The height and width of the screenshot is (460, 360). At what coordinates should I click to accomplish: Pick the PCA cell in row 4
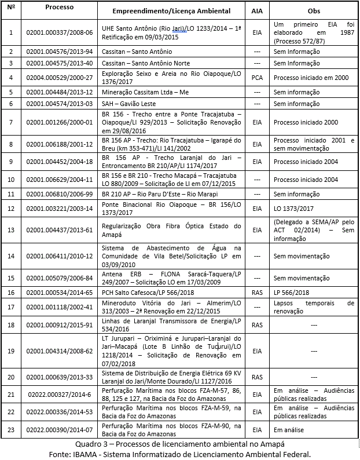click(x=257, y=77)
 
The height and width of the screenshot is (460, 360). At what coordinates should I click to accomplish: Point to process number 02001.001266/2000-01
click(x=60, y=123)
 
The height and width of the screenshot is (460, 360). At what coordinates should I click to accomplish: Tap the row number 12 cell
click(x=11, y=207)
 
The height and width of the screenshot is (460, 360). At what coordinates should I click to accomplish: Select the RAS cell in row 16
click(x=257, y=293)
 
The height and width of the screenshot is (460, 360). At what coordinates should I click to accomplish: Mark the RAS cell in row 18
click(x=257, y=325)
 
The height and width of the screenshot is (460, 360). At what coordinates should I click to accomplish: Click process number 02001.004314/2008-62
click(x=60, y=351)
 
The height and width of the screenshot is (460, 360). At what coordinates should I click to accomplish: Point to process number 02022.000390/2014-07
click(x=60, y=429)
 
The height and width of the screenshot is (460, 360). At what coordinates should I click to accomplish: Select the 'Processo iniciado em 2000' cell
click(x=311, y=77)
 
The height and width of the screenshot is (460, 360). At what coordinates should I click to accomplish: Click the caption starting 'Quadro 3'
click(x=180, y=444)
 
